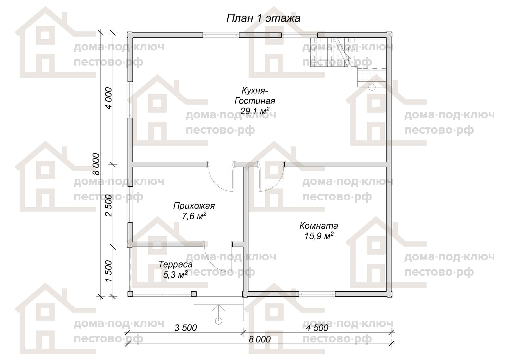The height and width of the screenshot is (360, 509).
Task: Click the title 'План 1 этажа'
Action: (x=263, y=18)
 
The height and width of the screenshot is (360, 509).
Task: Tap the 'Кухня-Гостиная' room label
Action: (x=255, y=96)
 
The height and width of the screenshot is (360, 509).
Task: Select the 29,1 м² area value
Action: (x=255, y=111)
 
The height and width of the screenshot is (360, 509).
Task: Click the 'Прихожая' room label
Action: (x=194, y=206)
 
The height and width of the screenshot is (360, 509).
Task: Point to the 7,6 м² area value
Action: (x=194, y=216)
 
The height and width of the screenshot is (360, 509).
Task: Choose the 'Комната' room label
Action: (x=319, y=226)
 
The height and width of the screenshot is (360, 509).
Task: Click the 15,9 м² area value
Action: (x=319, y=236)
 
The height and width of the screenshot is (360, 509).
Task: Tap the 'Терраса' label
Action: (x=175, y=264)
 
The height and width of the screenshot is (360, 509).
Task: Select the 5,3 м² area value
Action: (x=175, y=275)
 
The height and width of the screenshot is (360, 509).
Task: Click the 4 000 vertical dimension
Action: (x=109, y=98)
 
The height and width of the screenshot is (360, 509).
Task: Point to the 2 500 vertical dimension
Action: (x=109, y=205)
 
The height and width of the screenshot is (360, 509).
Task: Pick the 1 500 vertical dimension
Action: (x=109, y=271)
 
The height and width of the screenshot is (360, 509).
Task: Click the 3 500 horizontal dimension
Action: (x=186, y=328)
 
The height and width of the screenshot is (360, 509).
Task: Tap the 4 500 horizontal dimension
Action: (x=317, y=328)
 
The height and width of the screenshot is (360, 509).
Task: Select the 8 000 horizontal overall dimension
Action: (x=259, y=339)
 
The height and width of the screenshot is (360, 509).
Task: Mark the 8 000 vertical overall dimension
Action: (x=96, y=164)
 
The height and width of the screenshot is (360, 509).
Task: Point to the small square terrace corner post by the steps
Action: (x=194, y=294)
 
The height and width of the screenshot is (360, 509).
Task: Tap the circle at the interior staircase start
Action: (x=372, y=87)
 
